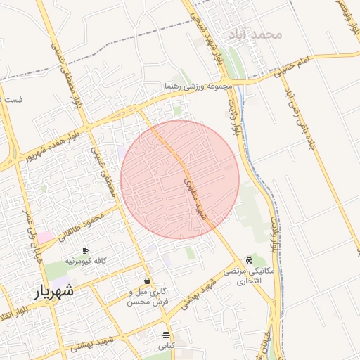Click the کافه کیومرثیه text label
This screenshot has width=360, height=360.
click(x=86, y=261)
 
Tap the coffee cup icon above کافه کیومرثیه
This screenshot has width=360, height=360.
click(x=86, y=250)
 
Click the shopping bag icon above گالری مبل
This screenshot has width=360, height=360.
click(x=147, y=281)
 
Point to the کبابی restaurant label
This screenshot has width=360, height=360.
click(x=166, y=346)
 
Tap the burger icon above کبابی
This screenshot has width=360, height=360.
click(x=166, y=335)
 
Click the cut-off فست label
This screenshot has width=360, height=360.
click(x=12, y=99)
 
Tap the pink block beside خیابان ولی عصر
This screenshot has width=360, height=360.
click(x=46, y=237)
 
